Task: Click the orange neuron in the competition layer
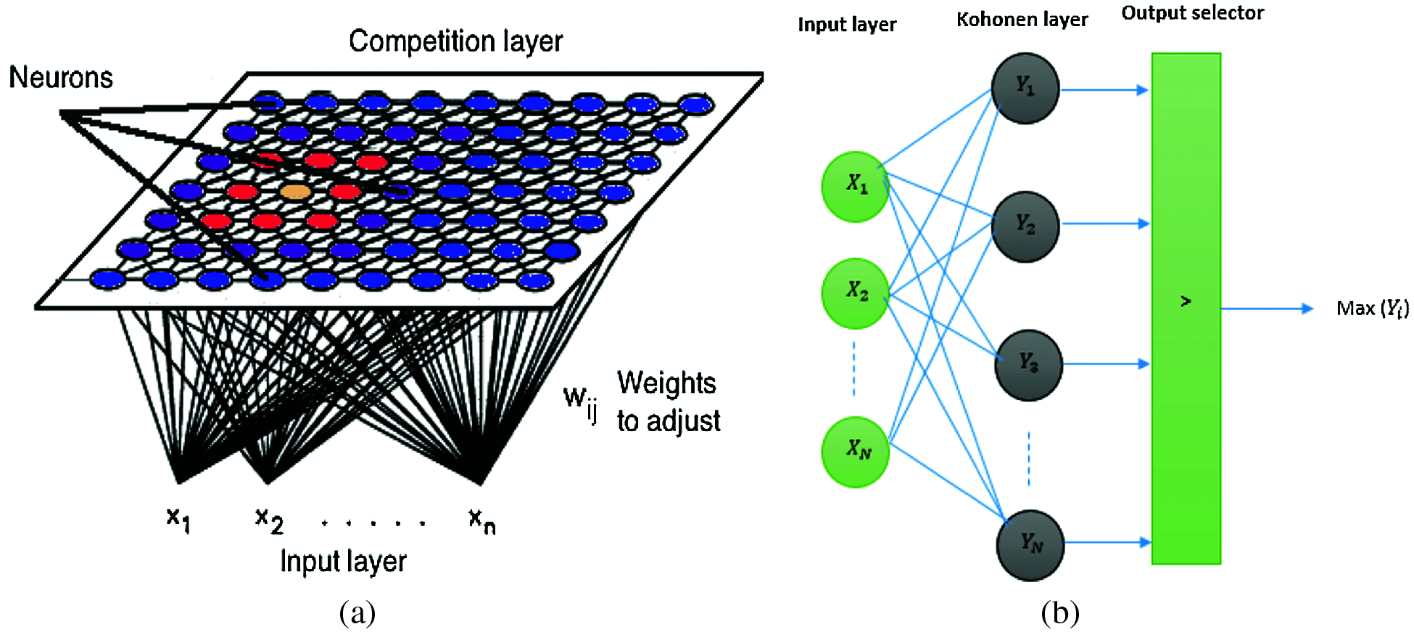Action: pyautogui.click(x=295, y=192)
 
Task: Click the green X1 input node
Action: pyautogui.click(x=856, y=186)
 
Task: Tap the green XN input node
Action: pyautogui.click(x=856, y=451)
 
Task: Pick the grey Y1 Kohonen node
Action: pyautogui.click(x=1025, y=88)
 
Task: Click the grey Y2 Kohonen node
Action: pyautogui.click(x=1025, y=226)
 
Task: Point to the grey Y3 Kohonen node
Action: pyautogui.click(x=1029, y=364)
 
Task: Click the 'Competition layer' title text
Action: pyautogui.click(x=455, y=41)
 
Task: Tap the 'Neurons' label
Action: pyautogui.click(x=61, y=77)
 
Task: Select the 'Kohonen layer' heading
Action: pyautogui.click(x=1022, y=20)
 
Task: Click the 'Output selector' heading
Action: pyautogui.click(x=1192, y=13)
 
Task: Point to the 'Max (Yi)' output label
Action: pyautogui.click(x=1373, y=308)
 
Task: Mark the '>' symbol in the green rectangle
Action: pyautogui.click(x=1186, y=300)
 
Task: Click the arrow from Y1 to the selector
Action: pyautogui.click(x=1104, y=90)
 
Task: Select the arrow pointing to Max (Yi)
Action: pyautogui.click(x=1268, y=308)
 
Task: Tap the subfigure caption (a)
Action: pyautogui.click(x=357, y=613)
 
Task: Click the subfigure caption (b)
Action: pyautogui.click(x=1060, y=613)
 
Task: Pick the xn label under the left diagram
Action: pyautogui.click(x=482, y=520)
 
